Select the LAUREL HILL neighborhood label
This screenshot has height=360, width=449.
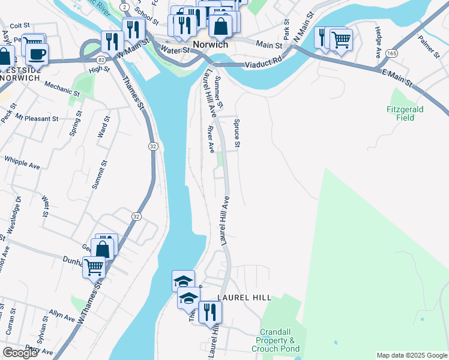244,298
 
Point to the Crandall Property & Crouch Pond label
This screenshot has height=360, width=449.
280,340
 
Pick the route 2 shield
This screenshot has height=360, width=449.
123,5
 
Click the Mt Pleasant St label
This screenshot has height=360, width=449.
37,118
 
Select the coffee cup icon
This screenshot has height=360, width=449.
37,53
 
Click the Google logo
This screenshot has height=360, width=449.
20,353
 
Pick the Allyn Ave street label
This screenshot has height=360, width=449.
61,314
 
